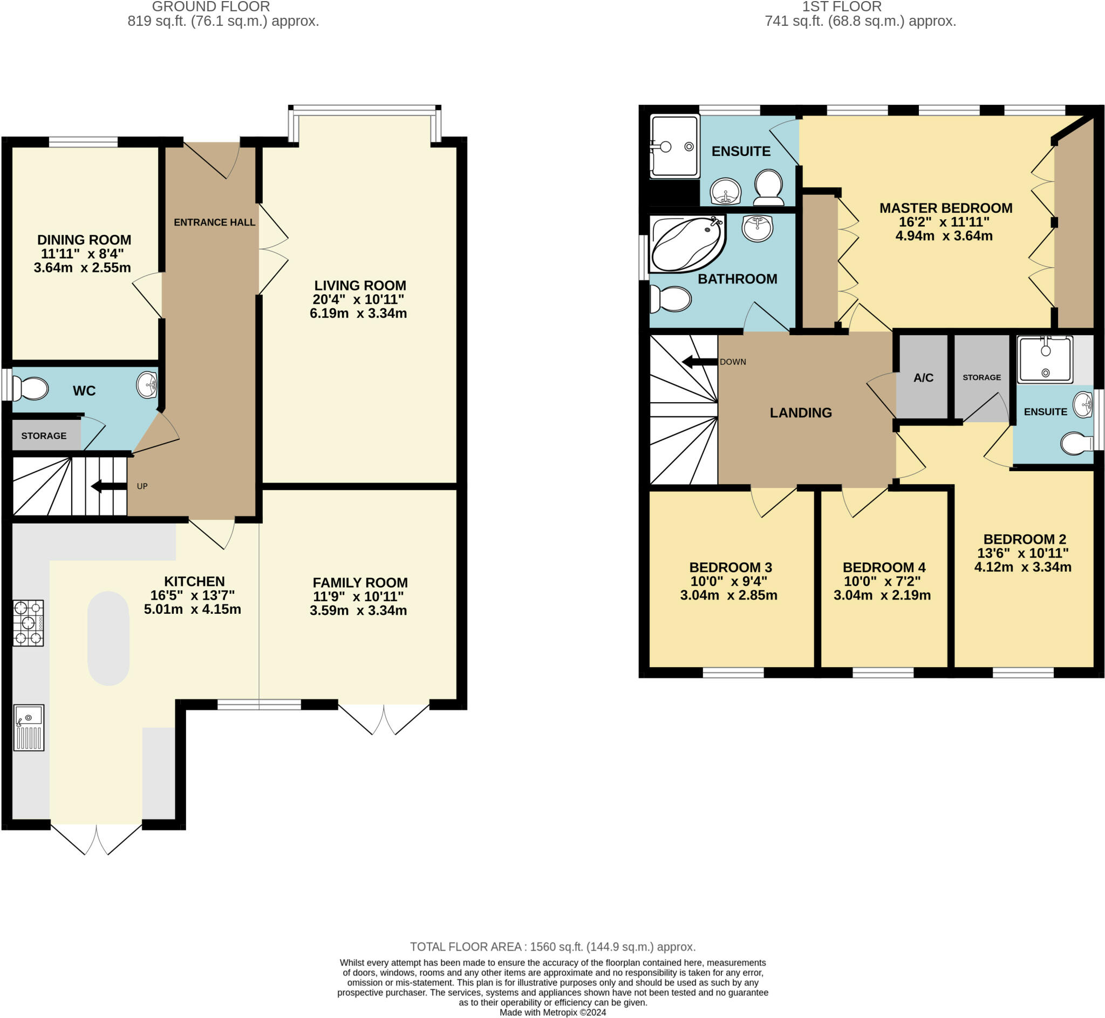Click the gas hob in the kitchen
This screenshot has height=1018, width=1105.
tap(28, 623)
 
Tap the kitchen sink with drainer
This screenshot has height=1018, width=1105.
tap(29, 727)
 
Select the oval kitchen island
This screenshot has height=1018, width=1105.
tap(108, 639)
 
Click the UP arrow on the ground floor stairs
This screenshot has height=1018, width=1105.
tap(109, 486)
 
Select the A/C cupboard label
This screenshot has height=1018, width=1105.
tap(923, 378)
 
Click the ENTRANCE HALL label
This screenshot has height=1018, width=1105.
tap(214, 222)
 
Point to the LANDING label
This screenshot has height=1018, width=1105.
tap(801, 412)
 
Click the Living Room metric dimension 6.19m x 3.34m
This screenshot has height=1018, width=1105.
tap(358, 314)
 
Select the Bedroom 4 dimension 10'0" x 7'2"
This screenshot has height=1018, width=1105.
tap(882, 581)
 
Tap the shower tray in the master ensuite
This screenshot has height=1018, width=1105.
tap(674, 146)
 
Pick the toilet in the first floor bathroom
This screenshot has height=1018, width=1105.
tap(670, 299)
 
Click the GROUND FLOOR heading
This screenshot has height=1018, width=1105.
tap(211, 6)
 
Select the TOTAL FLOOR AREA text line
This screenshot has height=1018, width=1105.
tap(553, 946)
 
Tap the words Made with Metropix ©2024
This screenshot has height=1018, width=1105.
tap(553, 1012)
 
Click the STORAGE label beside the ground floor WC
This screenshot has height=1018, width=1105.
tap(44, 436)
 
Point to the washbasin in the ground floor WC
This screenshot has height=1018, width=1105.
tap(147, 384)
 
